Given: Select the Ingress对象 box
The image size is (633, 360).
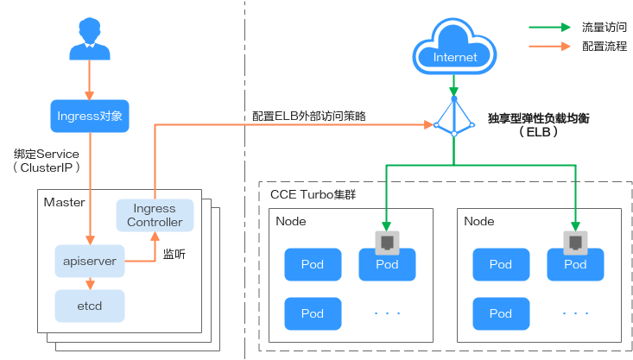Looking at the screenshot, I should [89, 116].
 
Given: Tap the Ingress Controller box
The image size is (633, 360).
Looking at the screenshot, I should [155, 215].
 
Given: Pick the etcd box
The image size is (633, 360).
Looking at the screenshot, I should [90, 305].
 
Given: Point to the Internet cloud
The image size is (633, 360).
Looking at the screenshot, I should [454, 50].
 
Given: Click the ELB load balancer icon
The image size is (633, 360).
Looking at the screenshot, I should [454, 117].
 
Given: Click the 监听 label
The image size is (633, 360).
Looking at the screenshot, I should [174, 256].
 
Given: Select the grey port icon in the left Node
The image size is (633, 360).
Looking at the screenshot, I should [387, 241].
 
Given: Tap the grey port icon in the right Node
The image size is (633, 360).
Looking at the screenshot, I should [575, 241].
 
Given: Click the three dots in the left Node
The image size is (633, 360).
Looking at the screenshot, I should [387, 313].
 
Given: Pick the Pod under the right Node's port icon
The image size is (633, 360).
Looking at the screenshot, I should [575, 264].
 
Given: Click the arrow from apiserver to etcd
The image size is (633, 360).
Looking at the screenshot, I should [90, 281].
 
